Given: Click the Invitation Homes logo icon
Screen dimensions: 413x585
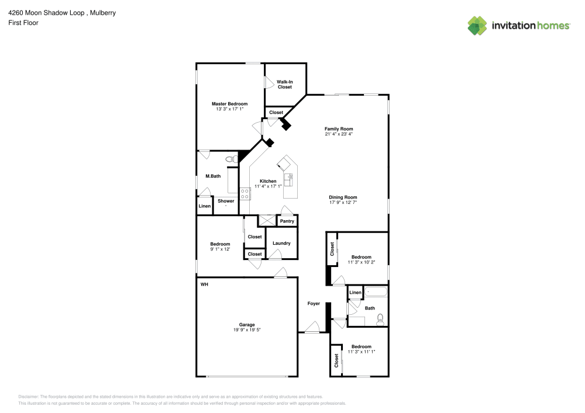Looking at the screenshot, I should [477, 26].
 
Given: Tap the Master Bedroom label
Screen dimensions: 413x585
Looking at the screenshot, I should [229, 104].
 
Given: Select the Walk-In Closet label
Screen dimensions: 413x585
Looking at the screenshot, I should [284, 84].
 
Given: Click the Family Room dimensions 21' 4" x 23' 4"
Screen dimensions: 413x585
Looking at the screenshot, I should [339, 134].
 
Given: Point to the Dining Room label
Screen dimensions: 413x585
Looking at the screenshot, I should [342, 197].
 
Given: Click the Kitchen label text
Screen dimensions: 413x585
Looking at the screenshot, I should [268, 181].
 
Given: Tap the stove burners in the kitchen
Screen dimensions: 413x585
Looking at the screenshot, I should [245, 193].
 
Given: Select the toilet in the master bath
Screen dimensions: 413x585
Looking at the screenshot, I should [230, 158].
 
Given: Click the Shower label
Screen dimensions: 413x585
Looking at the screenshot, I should [226, 201].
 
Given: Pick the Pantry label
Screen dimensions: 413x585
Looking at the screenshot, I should [287, 221].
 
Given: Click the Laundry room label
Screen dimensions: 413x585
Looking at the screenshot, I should [281, 243].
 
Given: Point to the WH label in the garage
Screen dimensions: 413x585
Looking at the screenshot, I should [204, 284].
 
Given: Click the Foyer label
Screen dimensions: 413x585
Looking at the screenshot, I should [314, 304].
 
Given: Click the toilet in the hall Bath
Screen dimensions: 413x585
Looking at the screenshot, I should [380, 318].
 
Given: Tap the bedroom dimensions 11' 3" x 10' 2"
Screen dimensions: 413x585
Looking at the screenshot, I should [361, 263].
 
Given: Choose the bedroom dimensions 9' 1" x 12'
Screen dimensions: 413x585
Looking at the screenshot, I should [220, 249].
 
